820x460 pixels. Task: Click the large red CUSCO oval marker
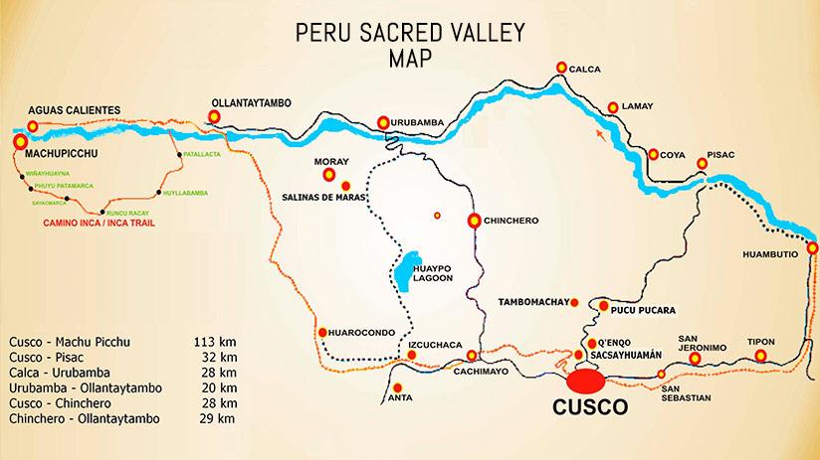586,381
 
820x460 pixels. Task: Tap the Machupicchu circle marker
20,143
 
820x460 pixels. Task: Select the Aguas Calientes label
74,109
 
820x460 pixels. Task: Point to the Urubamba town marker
384,122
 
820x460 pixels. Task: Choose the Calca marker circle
562,68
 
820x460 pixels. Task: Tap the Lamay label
637,106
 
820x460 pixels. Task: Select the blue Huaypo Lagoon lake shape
403,270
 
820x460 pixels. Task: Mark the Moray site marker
329,175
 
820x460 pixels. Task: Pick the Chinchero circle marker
475,221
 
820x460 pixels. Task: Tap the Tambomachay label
537,302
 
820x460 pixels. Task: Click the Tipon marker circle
762,356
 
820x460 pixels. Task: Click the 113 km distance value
215,342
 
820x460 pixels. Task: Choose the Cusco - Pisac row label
49,357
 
